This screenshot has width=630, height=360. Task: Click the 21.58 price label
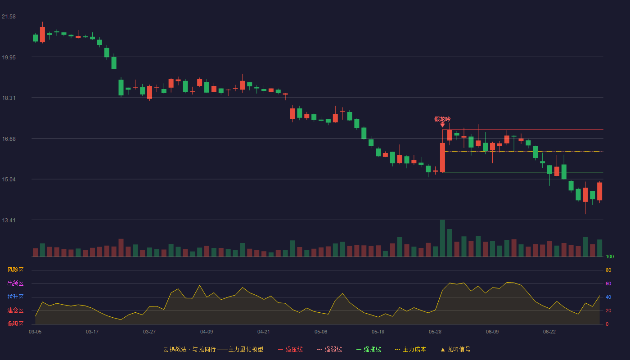click(x=9, y=17)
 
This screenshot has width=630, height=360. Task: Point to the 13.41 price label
click(x=9, y=220)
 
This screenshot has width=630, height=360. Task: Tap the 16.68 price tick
click(x=9, y=139)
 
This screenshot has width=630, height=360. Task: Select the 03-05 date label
click(x=35, y=332)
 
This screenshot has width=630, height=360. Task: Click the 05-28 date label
click(x=435, y=332)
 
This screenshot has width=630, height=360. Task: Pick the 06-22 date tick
click(x=549, y=332)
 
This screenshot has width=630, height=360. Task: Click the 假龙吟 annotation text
click(x=442, y=119)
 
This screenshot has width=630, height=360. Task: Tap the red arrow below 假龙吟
click(x=442, y=125)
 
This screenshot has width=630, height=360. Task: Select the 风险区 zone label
click(x=15, y=270)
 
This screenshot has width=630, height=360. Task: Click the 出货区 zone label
click(x=15, y=283)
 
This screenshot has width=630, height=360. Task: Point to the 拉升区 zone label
click(x=15, y=297)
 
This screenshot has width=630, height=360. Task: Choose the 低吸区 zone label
click(x=15, y=324)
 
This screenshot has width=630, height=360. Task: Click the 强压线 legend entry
click(x=290, y=349)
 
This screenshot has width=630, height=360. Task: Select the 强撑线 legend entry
click(x=369, y=349)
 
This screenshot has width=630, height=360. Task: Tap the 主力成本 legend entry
click(x=410, y=349)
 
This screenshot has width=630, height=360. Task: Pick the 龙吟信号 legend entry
click(x=455, y=349)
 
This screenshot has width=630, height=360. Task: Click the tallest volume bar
click(x=442, y=238)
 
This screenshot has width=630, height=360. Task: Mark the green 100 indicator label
click(x=610, y=256)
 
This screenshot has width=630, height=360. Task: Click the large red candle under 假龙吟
click(x=442, y=157)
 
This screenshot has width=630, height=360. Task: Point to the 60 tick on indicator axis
click(x=608, y=283)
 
